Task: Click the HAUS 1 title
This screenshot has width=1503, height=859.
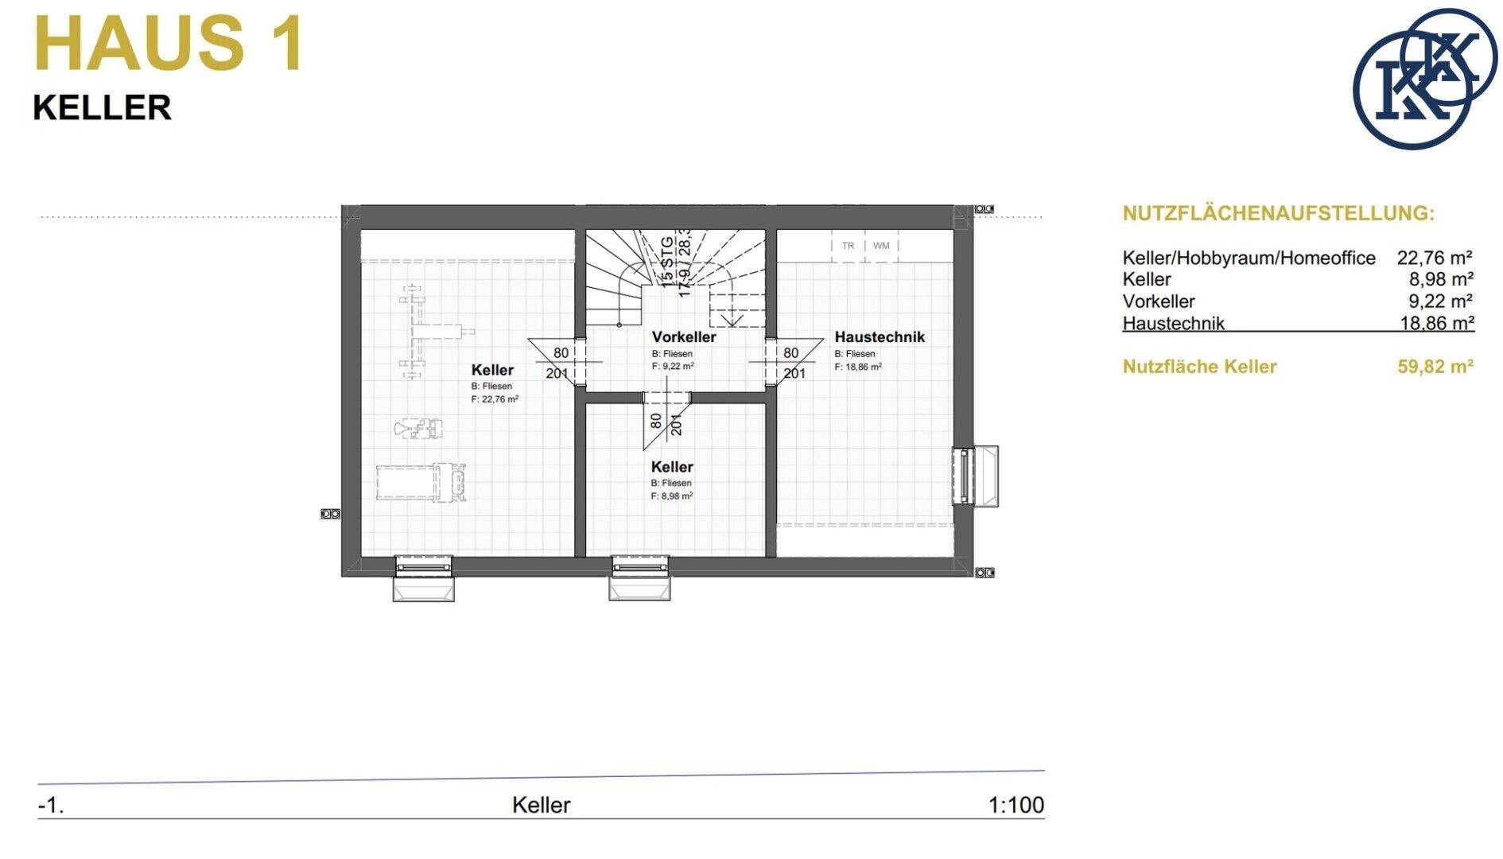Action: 169,44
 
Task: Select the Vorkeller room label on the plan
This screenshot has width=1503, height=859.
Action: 684,337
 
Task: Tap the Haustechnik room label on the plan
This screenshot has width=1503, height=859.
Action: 880,337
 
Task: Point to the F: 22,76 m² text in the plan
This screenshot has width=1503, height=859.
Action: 495,399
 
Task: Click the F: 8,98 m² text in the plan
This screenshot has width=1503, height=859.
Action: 672,496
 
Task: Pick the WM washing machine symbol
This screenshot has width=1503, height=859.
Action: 881,246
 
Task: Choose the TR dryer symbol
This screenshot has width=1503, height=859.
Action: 849,246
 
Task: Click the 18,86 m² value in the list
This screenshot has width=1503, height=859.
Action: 1437,323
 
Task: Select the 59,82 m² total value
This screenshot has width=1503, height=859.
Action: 1435,367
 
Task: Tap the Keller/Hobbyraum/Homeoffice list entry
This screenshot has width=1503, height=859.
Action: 1249,258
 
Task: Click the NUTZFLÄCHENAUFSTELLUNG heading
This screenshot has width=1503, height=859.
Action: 1279,213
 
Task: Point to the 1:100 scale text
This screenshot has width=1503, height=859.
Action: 1016,805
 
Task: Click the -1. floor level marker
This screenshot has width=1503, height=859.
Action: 51,806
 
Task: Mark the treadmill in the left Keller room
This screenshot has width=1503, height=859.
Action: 421,482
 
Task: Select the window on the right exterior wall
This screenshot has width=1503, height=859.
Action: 975,476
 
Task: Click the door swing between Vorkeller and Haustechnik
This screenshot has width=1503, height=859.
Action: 786,363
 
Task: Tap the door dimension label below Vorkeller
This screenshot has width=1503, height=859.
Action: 666,422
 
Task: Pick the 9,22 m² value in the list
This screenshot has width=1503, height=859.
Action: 1441,301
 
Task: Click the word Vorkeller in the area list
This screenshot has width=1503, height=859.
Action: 1158,301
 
